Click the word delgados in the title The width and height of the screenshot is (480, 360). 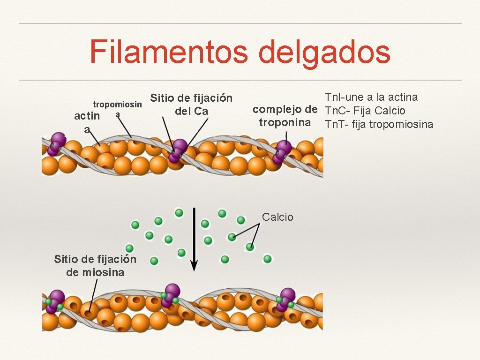(324, 52)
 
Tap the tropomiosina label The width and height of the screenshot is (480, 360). (118, 108)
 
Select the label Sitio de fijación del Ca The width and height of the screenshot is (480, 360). (191, 105)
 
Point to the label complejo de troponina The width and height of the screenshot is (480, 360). (285, 116)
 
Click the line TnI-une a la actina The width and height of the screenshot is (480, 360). (371, 97)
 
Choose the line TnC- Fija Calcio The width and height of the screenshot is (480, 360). (365, 111)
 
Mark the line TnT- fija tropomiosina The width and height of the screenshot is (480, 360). (379, 124)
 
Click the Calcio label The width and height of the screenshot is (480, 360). (277, 217)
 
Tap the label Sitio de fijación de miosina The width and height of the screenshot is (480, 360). (96, 266)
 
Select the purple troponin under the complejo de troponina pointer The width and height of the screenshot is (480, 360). (282, 151)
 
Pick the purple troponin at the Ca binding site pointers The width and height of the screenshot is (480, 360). (178, 150)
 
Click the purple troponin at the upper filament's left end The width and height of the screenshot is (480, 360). (57, 143)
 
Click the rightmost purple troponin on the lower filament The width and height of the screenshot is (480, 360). (285, 300)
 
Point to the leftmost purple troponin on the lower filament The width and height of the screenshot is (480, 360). (55, 301)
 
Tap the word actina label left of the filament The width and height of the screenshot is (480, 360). (87, 122)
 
